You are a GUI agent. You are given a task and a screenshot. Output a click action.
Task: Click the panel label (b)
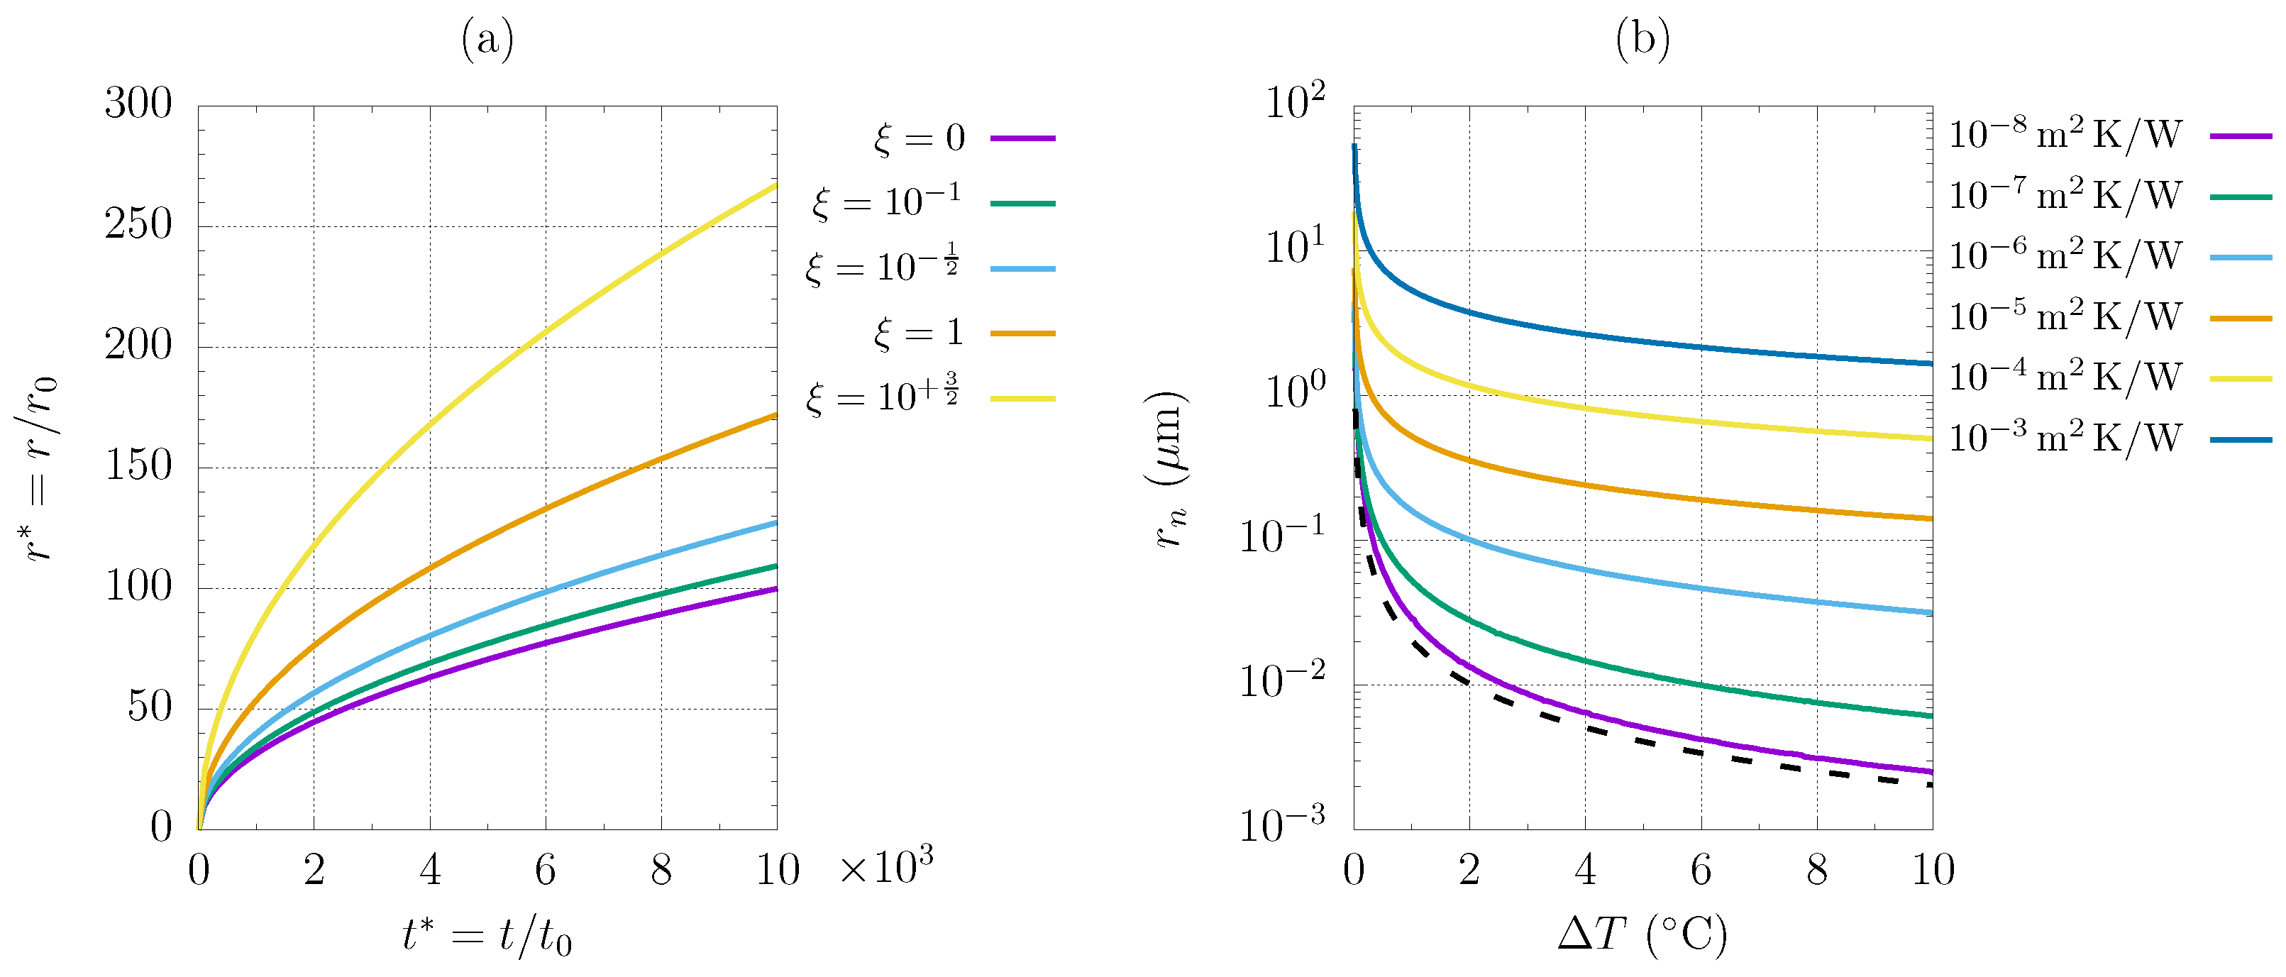pyautogui.click(x=1642, y=40)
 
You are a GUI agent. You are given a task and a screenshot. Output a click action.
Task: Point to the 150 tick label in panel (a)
pyautogui.click(x=138, y=466)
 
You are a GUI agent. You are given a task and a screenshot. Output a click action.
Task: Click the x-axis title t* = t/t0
pyautogui.click(x=487, y=935)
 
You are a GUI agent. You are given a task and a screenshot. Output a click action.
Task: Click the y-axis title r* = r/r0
pyautogui.click(x=40, y=468)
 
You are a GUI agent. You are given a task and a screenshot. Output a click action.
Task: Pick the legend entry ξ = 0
pyautogui.click(x=919, y=138)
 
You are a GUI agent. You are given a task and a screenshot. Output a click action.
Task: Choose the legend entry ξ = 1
pyautogui.click(x=919, y=333)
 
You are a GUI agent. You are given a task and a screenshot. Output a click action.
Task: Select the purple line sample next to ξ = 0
pyautogui.click(x=1022, y=138)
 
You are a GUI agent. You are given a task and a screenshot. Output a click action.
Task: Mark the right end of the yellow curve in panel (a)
pyautogui.click(x=775, y=185)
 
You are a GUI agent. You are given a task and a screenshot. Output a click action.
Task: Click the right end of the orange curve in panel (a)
pyautogui.click(x=775, y=415)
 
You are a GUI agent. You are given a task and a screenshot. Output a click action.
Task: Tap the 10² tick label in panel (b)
pyautogui.click(x=1294, y=102)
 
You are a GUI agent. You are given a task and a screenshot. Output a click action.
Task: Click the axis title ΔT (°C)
pyautogui.click(x=1642, y=934)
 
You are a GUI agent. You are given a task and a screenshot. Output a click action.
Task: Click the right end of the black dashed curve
pyautogui.click(x=1929, y=785)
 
